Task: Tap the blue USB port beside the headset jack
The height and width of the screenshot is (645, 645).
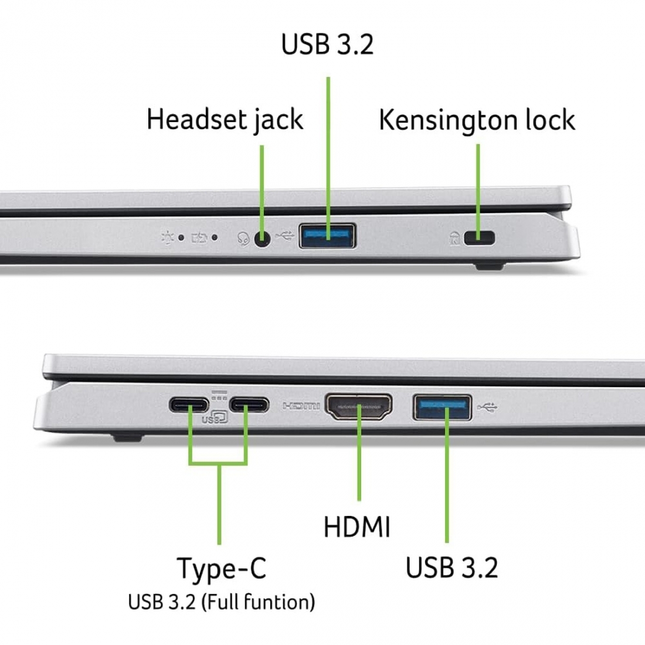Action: [327, 236]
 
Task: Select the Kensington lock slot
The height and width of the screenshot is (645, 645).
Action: [479, 237]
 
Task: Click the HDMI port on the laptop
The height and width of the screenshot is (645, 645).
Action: [359, 406]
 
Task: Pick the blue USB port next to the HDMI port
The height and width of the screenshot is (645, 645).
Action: [443, 408]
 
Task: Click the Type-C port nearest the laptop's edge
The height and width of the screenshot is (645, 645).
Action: [189, 405]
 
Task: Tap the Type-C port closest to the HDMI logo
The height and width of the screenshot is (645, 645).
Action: [249, 405]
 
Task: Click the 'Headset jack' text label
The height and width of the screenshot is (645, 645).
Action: [225, 120]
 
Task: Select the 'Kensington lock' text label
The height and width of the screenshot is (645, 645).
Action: [477, 120]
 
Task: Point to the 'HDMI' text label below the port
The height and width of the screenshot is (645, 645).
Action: [357, 527]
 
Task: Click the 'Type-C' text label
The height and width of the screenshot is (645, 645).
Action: [222, 568]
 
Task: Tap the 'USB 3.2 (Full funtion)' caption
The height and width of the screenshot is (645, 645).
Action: [221, 602]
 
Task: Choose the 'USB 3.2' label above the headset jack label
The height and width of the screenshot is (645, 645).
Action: [327, 44]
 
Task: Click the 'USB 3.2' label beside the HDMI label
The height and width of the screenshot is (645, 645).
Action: [451, 567]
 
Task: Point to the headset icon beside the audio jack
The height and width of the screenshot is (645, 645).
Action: [243, 239]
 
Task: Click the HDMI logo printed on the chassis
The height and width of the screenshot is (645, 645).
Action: [301, 406]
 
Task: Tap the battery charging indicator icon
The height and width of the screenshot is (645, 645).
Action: [199, 237]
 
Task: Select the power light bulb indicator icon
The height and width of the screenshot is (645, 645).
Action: [168, 237]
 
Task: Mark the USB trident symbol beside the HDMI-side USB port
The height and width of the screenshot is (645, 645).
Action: [487, 408]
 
